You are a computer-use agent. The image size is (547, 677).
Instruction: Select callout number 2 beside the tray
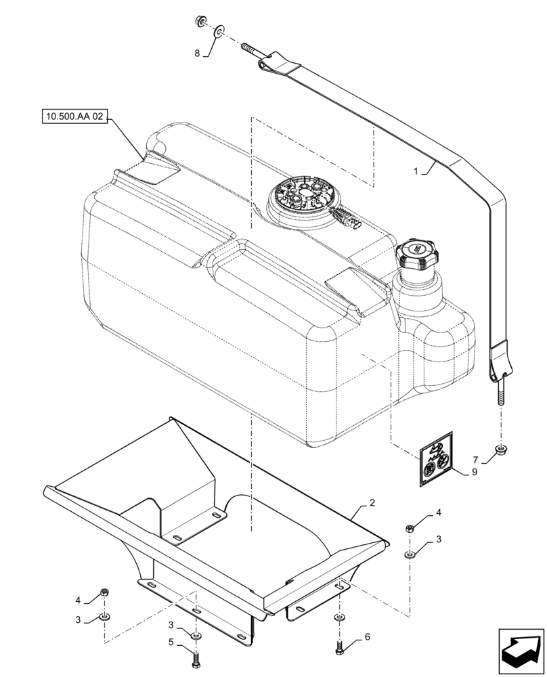point(372,503)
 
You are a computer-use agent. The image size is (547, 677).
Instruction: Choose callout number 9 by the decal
point(474,473)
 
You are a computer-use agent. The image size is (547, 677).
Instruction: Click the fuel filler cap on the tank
point(418,256)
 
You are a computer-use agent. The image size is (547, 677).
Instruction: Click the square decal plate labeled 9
point(433,460)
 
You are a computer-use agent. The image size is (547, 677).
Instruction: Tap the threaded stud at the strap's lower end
point(501,395)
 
